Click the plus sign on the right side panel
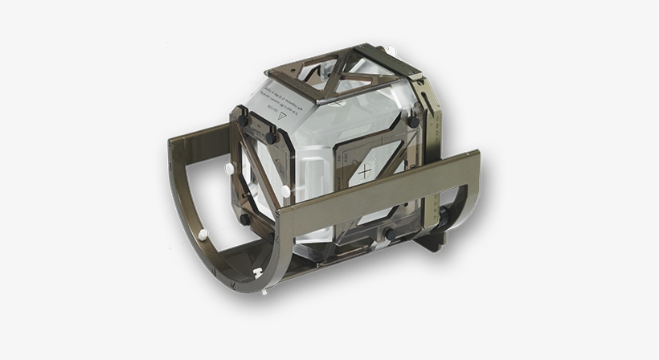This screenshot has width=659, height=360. [x=366, y=172]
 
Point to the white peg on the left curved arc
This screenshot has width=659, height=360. [x=203, y=235]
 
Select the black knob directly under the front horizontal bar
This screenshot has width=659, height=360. [x=387, y=233]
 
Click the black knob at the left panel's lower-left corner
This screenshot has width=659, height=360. [x=244, y=219]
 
